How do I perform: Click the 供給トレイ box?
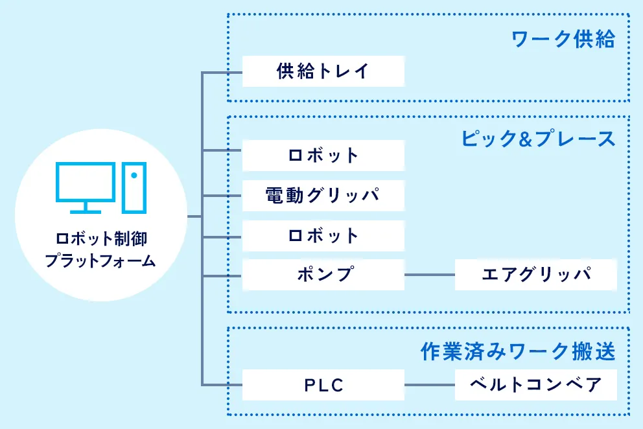[323, 71]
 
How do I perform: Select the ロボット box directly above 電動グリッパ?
[323, 156]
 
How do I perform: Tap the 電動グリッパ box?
[323, 195]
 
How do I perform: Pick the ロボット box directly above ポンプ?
[323, 236]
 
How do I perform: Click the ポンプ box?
[323, 275]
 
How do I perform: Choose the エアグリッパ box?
[535, 275]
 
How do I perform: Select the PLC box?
[323, 385]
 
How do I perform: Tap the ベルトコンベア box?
[535, 385]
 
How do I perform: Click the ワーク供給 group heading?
[563, 40]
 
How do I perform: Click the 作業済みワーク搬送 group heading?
[517, 352]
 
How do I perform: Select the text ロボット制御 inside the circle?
[101, 238]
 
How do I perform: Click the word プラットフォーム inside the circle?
[100, 261]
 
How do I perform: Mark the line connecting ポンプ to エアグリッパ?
[430, 275]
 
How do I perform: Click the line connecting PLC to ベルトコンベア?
[430, 385]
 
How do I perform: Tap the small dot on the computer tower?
[134, 175]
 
